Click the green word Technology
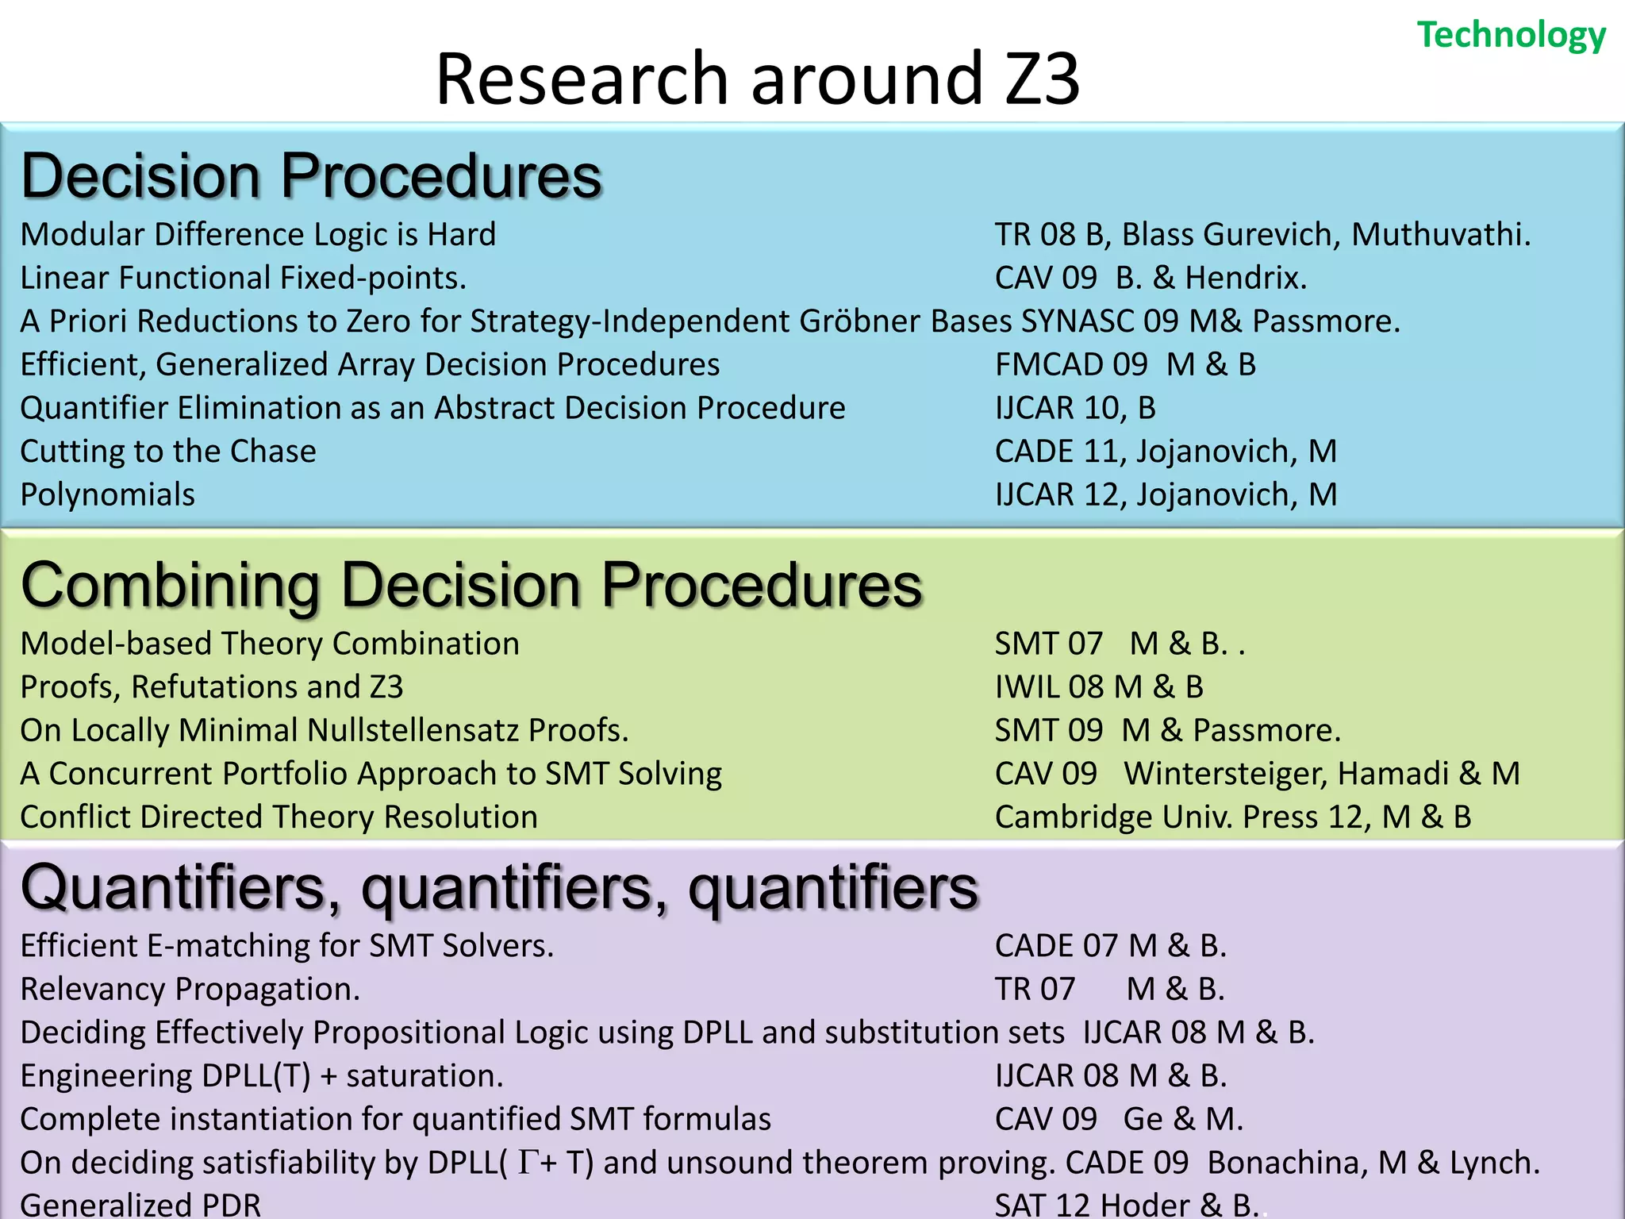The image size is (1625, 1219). (x=1511, y=36)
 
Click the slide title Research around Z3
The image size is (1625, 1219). (x=758, y=79)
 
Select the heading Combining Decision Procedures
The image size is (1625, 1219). (x=471, y=585)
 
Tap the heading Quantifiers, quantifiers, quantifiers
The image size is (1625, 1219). (x=499, y=887)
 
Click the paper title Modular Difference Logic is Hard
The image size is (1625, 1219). (x=258, y=235)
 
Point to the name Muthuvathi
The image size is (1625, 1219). (x=1440, y=235)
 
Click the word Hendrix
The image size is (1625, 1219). (x=1245, y=279)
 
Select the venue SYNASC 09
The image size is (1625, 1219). (x=1100, y=321)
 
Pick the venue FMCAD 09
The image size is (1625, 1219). (x=1071, y=365)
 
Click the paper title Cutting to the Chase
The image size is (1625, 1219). (x=168, y=452)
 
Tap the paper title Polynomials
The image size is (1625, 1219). (x=108, y=495)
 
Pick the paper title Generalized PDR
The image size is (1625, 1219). (x=140, y=1205)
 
